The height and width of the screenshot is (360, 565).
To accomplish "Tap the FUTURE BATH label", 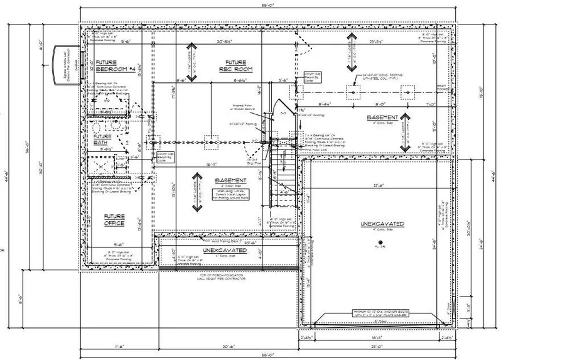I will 102,139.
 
